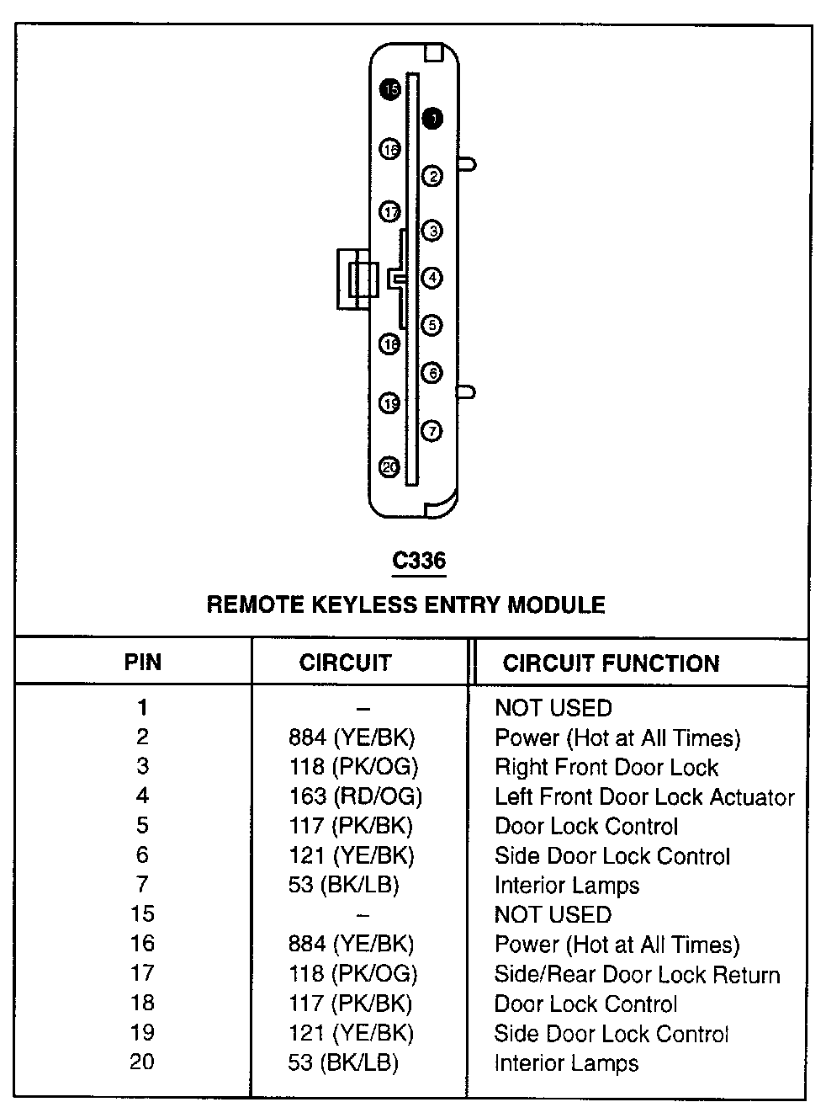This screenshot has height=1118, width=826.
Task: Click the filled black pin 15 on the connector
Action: [389, 89]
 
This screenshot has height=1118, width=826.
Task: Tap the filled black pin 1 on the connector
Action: [432, 119]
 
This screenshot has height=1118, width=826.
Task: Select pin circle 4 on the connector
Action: [432, 277]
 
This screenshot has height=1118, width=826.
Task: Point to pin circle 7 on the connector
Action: [431, 431]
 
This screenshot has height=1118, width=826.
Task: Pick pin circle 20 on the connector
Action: [389, 467]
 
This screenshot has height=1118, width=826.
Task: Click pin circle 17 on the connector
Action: [390, 212]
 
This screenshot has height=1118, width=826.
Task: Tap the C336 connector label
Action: [419, 561]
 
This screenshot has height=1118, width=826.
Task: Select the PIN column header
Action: [142, 662]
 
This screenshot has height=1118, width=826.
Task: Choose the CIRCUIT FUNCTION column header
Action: [611, 663]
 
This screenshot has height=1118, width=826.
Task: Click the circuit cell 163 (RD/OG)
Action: [354, 796]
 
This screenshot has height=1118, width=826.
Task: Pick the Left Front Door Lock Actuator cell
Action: [643, 796]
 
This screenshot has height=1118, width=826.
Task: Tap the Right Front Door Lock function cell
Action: [606, 767]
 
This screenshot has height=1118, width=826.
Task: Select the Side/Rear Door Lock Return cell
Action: [637, 974]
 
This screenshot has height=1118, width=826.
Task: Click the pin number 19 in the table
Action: [142, 1033]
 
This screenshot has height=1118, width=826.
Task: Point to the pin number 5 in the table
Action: [142, 826]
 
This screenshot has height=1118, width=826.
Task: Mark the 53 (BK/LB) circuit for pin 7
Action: [343, 885]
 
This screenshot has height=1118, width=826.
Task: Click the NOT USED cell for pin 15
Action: [553, 914]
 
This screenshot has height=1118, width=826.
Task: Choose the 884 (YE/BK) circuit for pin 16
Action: [351, 944]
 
